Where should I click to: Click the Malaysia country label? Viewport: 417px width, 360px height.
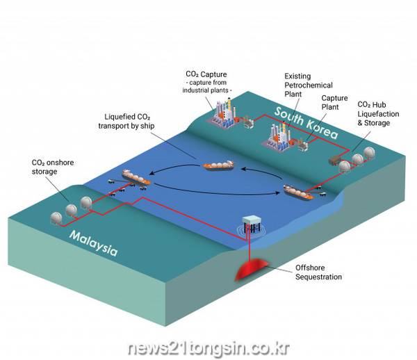click(x=93, y=243)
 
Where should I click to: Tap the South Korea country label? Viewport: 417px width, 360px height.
click(x=306, y=122)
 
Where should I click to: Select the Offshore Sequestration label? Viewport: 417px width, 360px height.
click(x=318, y=272)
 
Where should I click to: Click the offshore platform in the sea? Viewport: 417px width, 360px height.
click(x=252, y=224)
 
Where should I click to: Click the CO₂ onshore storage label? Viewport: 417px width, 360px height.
click(x=53, y=167)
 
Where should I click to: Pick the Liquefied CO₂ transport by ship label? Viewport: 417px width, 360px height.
click(x=126, y=121)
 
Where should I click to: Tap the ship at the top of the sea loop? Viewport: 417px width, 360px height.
click(x=219, y=165)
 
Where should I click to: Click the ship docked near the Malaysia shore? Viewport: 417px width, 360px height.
click(x=136, y=177)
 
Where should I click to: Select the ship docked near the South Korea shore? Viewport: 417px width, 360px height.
click(x=299, y=192)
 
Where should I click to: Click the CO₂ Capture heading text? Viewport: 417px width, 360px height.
click(x=206, y=74)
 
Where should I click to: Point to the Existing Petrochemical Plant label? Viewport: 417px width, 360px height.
click(x=309, y=85)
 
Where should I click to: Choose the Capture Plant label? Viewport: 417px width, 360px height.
click(x=334, y=102)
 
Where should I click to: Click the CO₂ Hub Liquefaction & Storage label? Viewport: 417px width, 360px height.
click(x=378, y=113)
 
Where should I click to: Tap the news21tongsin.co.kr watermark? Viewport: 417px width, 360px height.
click(x=208, y=348)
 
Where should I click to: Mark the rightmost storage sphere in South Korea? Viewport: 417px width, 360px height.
click(x=369, y=153)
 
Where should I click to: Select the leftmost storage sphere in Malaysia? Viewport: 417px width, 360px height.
click(x=56, y=218)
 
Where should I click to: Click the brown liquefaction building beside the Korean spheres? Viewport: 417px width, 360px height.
click(x=334, y=160)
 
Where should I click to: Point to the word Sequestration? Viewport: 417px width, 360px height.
click(x=318, y=277)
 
